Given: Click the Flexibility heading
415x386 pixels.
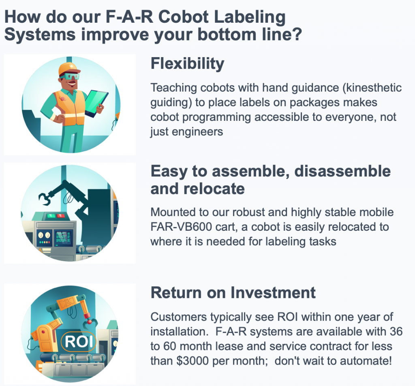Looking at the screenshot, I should (x=187, y=64).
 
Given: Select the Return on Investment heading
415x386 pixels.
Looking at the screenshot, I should (x=233, y=292).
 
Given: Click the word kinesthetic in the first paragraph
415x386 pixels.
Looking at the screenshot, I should (x=370, y=88).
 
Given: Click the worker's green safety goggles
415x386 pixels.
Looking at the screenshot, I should (x=68, y=76).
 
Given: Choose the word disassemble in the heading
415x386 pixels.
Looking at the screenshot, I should (x=342, y=171).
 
